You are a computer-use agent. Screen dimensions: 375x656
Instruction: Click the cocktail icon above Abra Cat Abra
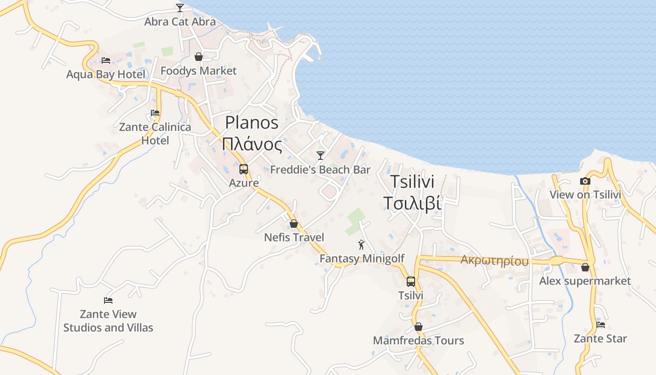180,7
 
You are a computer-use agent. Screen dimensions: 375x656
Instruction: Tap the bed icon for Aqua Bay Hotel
106,60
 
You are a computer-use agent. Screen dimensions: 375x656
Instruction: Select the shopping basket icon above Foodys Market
199,57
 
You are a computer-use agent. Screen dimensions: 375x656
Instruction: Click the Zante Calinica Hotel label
155,134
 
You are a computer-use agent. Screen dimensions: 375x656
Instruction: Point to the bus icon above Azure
244,169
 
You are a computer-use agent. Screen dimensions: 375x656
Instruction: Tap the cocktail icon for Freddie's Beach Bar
321,155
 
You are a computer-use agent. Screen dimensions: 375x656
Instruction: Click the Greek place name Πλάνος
252,144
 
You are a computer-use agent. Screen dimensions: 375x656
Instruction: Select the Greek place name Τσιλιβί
412,203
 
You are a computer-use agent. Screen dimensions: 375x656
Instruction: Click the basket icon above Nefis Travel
294,224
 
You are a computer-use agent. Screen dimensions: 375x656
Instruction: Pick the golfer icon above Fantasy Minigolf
361,245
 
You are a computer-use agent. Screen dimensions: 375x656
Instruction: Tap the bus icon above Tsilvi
411,282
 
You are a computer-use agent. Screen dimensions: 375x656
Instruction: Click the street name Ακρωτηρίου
494,261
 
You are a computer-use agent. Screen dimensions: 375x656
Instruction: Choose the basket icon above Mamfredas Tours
418,327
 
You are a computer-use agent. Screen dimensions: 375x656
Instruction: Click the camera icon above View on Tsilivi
585,181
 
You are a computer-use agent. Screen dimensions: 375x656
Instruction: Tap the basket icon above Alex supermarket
585,267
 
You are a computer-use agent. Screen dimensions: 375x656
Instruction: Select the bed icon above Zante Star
601,324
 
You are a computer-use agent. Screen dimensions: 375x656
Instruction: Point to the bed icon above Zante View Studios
108,300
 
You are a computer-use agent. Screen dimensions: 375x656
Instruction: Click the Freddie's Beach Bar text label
321,170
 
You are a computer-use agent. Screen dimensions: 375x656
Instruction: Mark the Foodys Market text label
199,71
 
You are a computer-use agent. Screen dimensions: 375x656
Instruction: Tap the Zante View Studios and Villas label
108,321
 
